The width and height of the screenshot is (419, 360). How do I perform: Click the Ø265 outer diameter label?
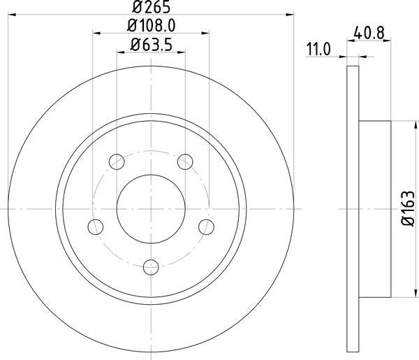151,8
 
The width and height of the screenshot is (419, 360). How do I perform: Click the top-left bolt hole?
117,162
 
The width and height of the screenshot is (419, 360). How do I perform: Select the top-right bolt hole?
185,162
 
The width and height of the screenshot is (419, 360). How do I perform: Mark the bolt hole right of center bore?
206,226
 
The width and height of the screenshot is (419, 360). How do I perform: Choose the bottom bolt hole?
151,266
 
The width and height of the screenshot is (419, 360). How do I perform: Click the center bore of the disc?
151,208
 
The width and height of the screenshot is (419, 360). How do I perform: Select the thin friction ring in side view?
353,208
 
